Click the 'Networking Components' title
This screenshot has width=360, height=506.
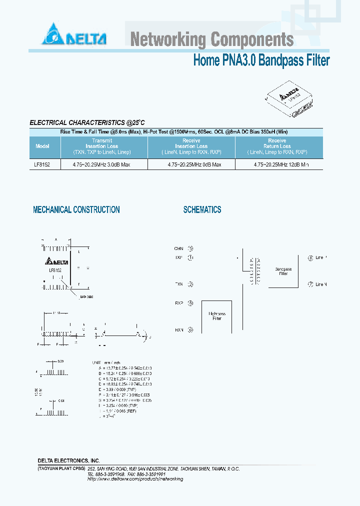click(x=212, y=39)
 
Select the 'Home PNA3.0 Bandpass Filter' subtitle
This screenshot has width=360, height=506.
click(x=261, y=61)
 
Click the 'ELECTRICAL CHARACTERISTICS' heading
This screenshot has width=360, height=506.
click(x=87, y=122)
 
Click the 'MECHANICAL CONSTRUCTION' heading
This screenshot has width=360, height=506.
click(x=76, y=210)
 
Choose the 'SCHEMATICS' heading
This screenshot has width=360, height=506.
click(x=202, y=210)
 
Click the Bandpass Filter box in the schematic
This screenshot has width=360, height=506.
click(x=283, y=271)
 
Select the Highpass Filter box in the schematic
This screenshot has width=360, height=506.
click(x=216, y=316)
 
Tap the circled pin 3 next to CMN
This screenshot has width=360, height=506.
click(x=190, y=248)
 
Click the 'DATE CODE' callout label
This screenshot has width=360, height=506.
click(x=86, y=297)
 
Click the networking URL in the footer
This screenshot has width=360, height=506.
click(x=135, y=478)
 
